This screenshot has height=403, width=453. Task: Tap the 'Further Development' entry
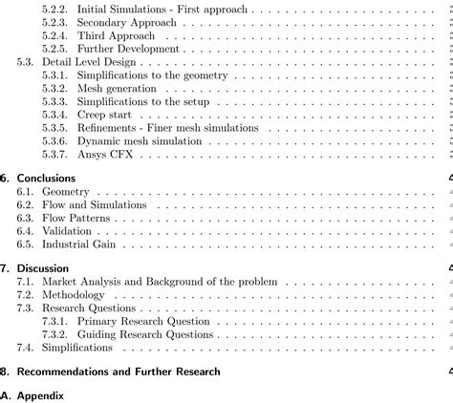(x=128, y=48)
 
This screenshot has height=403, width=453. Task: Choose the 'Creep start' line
(x=104, y=115)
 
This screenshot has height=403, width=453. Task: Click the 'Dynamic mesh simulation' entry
(x=142, y=141)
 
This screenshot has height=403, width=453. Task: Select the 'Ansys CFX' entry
(x=104, y=155)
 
